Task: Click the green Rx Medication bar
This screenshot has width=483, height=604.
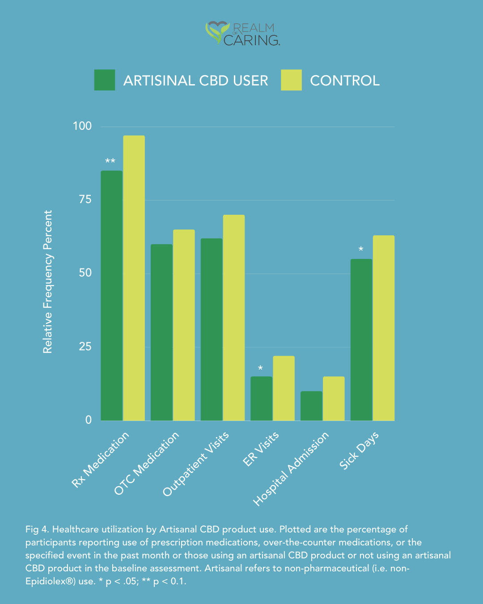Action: click(x=111, y=295)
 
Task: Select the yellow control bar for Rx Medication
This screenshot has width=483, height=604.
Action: click(x=134, y=277)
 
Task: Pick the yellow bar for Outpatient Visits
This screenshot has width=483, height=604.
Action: click(x=234, y=318)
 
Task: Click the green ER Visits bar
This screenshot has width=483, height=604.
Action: click(x=261, y=398)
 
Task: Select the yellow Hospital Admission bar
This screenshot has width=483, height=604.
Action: click(x=334, y=398)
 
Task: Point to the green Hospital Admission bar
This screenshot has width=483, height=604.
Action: click(x=311, y=406)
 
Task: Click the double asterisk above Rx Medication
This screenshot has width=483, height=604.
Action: click(x=110, y=162)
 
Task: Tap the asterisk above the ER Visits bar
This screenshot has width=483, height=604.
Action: click(x=260, y=369)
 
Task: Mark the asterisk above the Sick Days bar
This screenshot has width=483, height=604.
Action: click(x=361, y=250)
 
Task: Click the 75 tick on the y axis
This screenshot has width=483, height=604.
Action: click(x=85, y=200)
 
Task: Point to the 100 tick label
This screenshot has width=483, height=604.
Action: click(x=82, y=126)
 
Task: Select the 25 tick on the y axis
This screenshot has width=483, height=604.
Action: click(x=85, y=346)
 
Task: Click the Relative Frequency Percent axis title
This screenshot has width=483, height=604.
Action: click(x=48, y=282)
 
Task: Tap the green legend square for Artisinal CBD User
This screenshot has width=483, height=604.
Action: click(x=105, y=80)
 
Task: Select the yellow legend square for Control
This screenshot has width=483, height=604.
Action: click(x=291, y=80)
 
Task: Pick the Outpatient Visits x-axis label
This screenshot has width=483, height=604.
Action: click(x=196, y=464)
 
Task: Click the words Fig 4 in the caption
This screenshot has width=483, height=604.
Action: click(x=37, y=529)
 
